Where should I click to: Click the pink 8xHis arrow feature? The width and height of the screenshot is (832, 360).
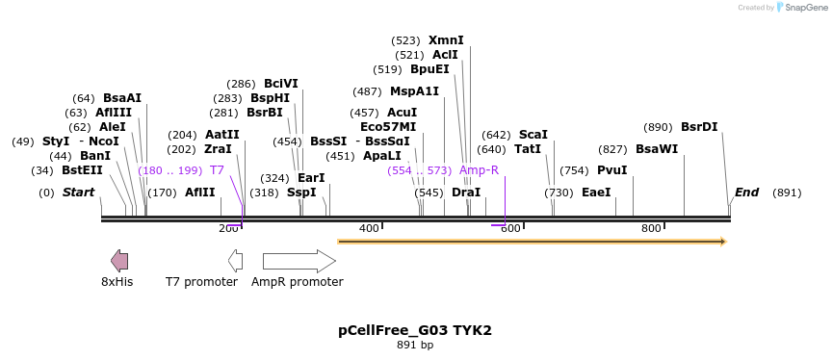pyautogui.click(x=119, y=261)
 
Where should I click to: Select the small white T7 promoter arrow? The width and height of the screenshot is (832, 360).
pyautogui.click(x=235, y=261)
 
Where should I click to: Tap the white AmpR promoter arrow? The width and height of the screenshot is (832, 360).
pyautogui.click(x=299, y=261)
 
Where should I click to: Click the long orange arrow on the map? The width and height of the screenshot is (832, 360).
pyautogui.click(x=531, y=242)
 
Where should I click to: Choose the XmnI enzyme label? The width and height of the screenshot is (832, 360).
pyautogui.click(x=446, y=40)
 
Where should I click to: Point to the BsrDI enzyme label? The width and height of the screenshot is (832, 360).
pyautogui.click(x=699, y=127)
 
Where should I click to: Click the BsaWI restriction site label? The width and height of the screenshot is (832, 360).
pyautogui.click(x=657, y=149)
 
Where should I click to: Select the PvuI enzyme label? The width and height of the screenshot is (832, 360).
pyautogui.click(x=612, y=170)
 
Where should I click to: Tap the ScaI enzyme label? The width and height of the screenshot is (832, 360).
pyautogui.click(x=533, y=135)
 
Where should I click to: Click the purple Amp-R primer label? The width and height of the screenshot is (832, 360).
pyautogui.click(x=479, y=170)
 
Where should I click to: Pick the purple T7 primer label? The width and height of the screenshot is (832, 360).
pyautogui.click(x=217, y=170)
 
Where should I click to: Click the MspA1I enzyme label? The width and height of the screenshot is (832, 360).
pyautogui.click(x=414, y=91)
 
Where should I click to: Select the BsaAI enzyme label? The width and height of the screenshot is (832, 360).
pyautogui.click(x=122, y=98)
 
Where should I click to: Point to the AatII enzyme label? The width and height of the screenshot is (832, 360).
pyautogui.click(x=222, y=135)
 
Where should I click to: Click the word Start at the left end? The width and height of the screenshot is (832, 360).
pyautogui.click(x=78, y=193)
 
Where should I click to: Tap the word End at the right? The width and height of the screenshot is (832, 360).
pyautogui.click(x=747, y=193)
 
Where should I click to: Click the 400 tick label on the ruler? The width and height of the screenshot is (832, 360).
pyautogui.click(x=369, y=228)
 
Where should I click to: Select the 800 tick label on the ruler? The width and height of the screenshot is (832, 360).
pyautogui.click(x=651, y=228)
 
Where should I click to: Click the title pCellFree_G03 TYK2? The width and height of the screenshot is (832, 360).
pyautogui.click(x=415, y=330)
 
